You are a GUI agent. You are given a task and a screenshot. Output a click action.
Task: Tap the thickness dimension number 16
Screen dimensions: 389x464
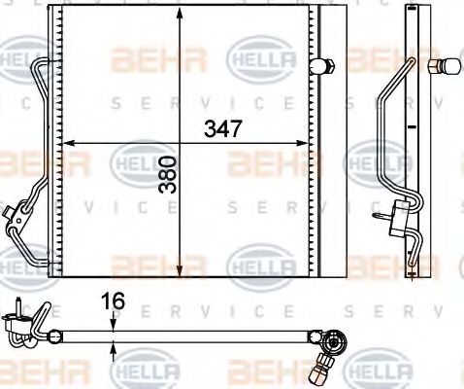pyautogui.click(x=115, y=302)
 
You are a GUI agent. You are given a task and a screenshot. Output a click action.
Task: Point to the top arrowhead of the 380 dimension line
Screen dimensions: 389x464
pyautogui.click(x=179, y=12)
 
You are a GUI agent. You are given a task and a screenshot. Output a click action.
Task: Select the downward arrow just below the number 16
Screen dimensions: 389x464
pyautogui.click(x=115, y=322)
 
